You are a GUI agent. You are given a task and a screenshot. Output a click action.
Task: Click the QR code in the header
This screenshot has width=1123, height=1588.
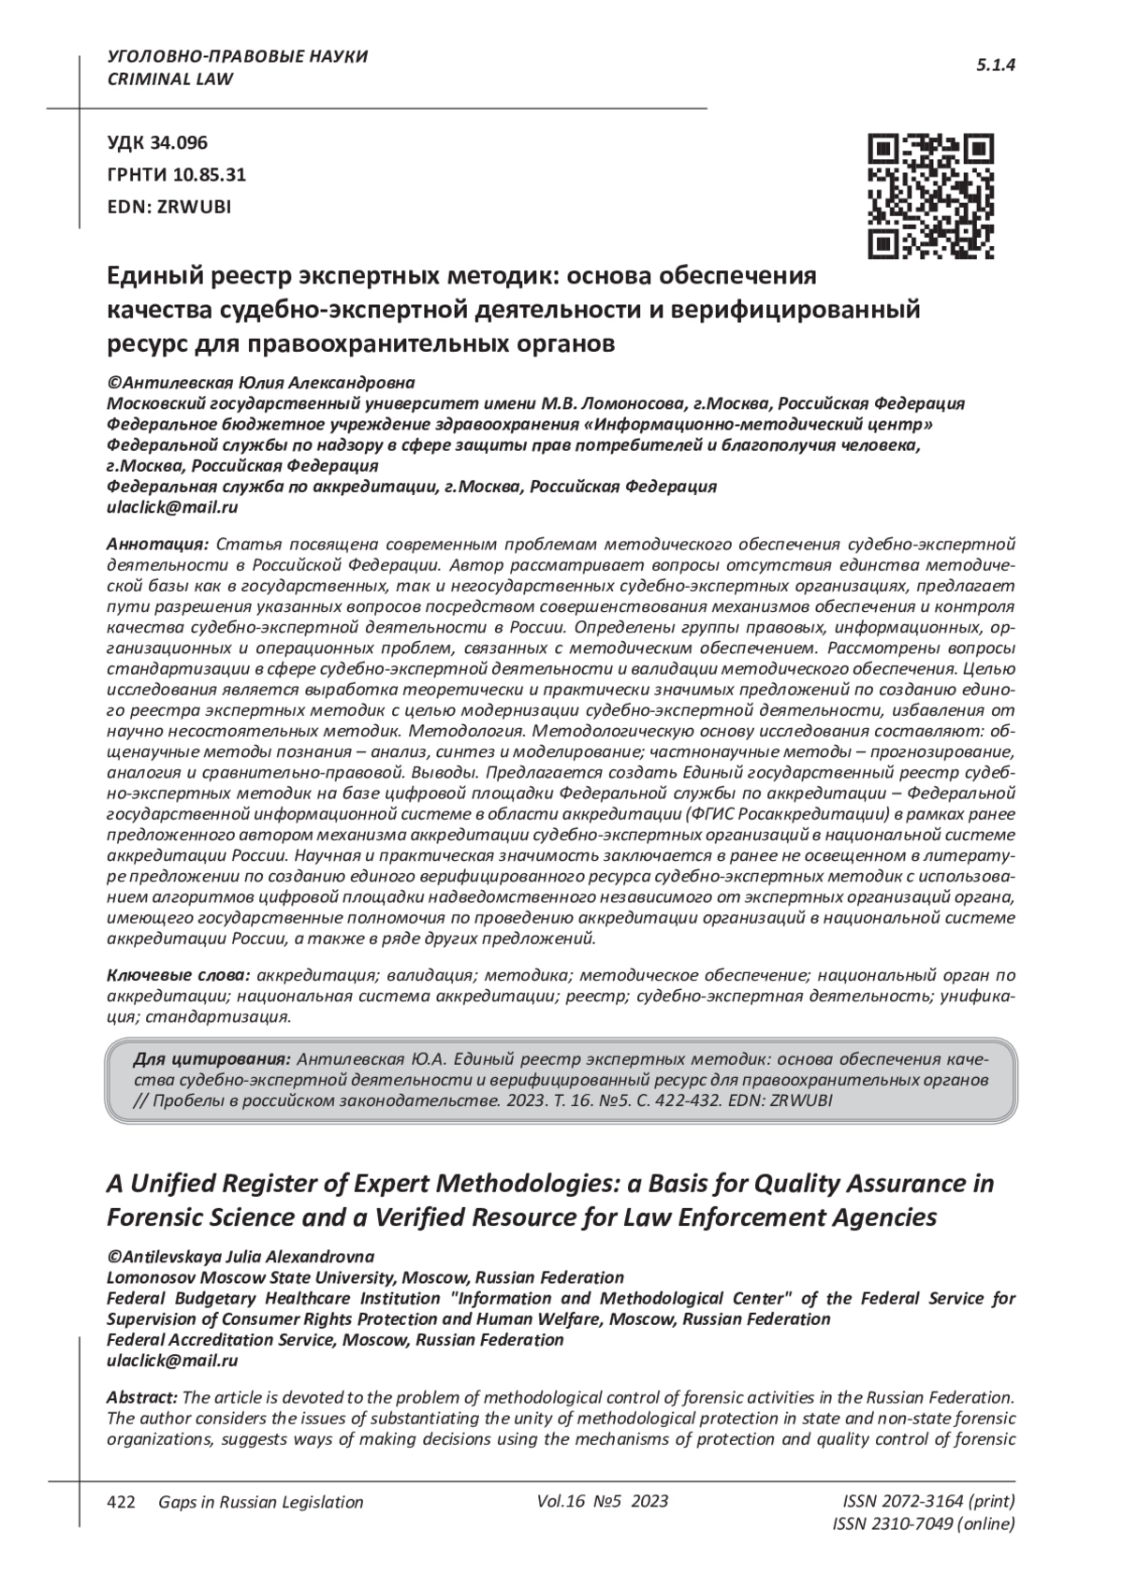(x=931, y=196)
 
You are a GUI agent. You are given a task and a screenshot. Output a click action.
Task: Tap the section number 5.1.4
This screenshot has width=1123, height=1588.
(x=996, y=66)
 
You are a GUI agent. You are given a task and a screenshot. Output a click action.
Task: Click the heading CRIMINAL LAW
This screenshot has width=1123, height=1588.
(x=171, y=80)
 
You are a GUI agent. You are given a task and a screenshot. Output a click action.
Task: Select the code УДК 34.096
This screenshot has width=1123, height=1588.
(x=157, y=143)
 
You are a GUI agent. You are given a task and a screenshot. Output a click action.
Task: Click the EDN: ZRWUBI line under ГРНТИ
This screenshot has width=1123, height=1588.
(x=168, y=207)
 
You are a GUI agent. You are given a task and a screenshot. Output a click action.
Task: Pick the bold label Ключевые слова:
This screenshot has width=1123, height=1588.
(x=179, y=975)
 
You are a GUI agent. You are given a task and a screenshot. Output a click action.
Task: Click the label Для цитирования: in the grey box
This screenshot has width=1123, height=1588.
(x=211, y=1059)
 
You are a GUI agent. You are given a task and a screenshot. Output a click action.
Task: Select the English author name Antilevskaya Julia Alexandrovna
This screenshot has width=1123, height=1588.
(x=247, y=1257)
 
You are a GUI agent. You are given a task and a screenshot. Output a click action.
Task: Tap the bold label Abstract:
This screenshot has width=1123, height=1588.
(x=142, y=1398)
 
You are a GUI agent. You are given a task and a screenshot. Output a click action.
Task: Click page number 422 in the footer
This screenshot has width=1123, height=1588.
(x=123, y=1502)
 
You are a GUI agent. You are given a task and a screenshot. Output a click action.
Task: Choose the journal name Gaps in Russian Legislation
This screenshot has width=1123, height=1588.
(x=260, y=1502)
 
